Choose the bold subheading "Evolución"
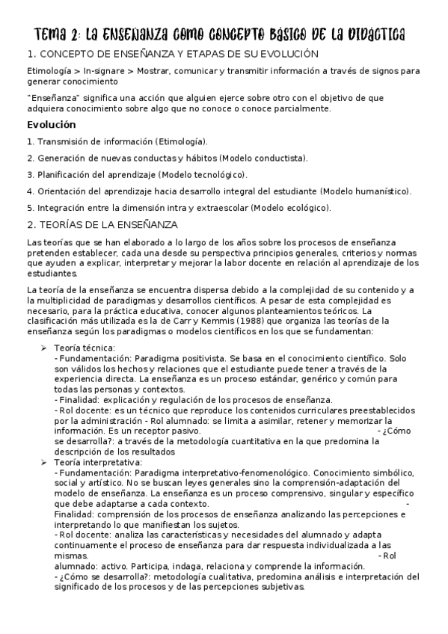click(52, 125)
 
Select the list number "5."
click(30, 207)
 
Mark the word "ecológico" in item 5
click(304, 207)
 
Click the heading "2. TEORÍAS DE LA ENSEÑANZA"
click(101, 225)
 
